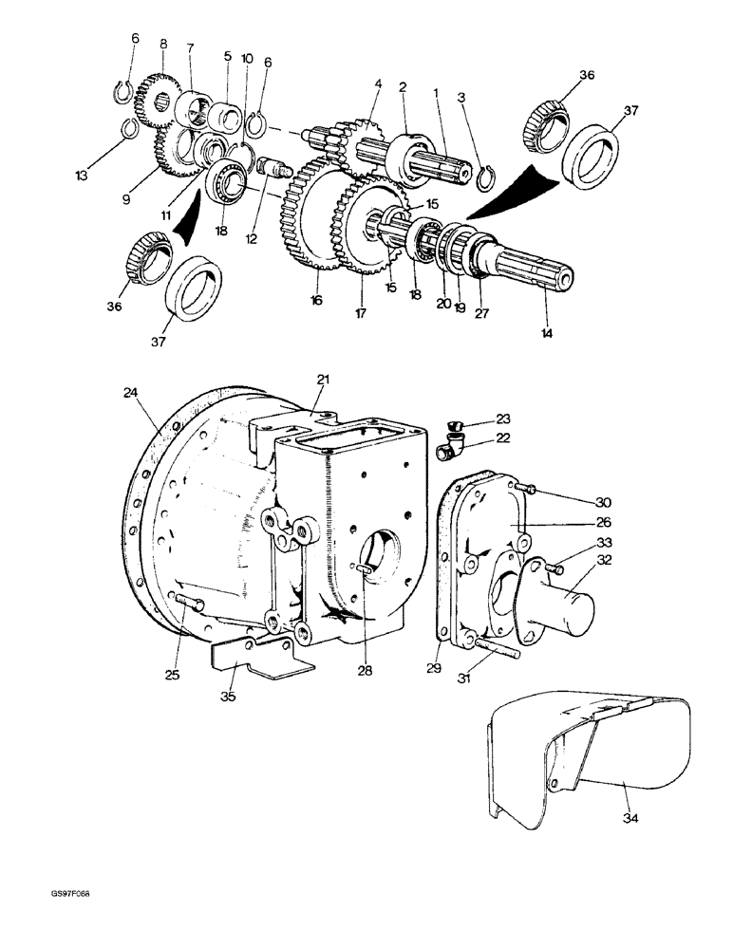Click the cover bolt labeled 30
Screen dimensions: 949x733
pyautogui.click(x=530, y=489)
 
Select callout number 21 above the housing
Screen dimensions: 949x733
pyautogui.click(x=324, y=380)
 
